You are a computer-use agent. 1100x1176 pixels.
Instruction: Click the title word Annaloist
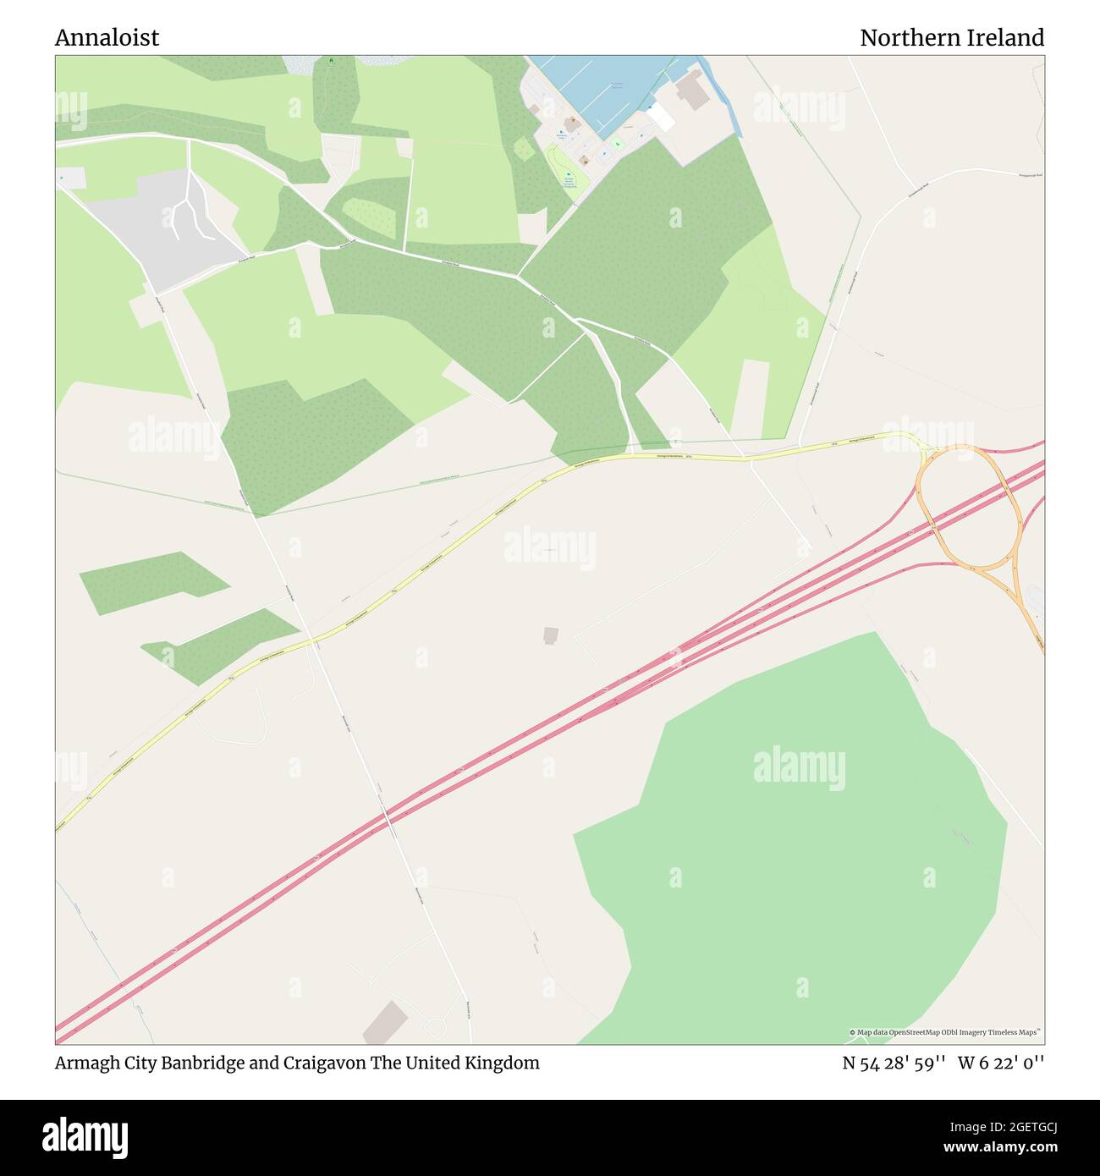[x=107, y=38]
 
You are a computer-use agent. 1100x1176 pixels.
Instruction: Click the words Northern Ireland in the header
[x=951, y=38]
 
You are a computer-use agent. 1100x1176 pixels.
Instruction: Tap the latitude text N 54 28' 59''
[x=893, y=1063]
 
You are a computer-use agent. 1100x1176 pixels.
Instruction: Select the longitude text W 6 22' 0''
[x=1001, y=1063]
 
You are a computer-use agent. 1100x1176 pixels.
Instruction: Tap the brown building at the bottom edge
[x=384, y=1023]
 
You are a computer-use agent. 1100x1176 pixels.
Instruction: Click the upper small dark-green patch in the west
[x=152, y=582]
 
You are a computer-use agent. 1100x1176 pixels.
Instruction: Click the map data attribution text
[x=945, y=1032]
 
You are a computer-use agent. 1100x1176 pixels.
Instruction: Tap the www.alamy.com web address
[x=995, y=1148]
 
